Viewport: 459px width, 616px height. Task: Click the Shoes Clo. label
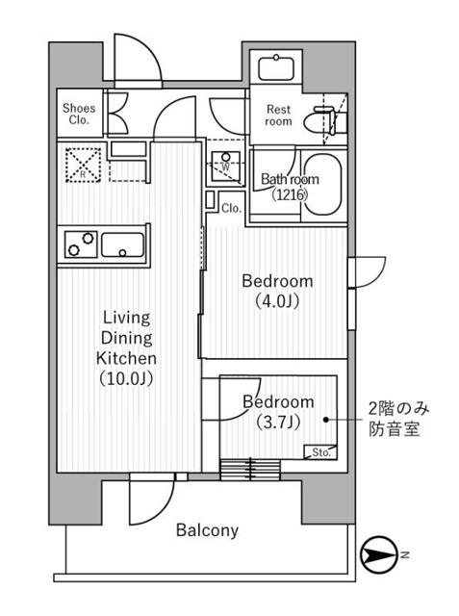coord(79,114)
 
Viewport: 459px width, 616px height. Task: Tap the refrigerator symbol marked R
coord(84,165)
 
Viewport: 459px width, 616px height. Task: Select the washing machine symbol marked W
coord(225,166)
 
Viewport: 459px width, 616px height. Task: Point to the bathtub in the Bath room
coord(322,184)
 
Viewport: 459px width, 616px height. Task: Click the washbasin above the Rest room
coord(276,68)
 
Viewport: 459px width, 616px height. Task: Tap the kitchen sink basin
coord(123,245)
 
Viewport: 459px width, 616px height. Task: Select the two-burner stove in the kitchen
coord(81,244)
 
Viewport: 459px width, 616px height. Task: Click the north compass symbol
coord(379,555)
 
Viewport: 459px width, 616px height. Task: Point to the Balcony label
coord(207,530)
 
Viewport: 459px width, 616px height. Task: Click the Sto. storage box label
coord(321,452)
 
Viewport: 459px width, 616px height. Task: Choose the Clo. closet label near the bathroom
coord(231,208)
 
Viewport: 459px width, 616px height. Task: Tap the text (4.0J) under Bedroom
coord(277,301)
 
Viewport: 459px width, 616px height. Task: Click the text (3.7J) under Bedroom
coord(278,423)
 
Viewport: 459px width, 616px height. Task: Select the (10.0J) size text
coord(126,378)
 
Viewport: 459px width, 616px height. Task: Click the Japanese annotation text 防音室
coord(395,429)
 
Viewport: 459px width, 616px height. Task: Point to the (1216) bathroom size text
coord(290,194)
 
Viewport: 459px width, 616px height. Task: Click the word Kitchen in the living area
coord(126,358)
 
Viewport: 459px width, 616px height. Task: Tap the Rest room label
coord(278,115)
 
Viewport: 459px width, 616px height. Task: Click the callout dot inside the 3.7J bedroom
coord(326,420)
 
